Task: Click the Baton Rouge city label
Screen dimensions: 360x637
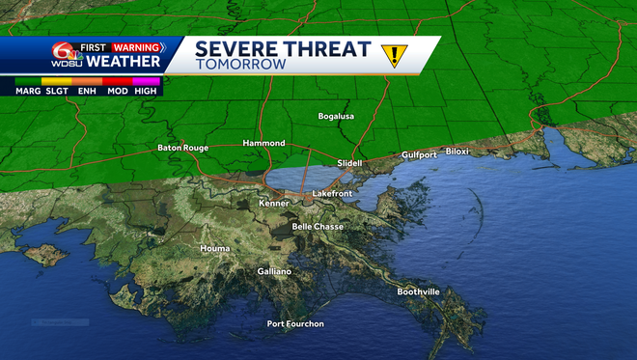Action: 182,148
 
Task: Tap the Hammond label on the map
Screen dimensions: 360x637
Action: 263,142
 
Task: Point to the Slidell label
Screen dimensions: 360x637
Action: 349,163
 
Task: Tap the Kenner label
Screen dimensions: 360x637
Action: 274,204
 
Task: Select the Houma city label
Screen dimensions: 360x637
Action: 215,248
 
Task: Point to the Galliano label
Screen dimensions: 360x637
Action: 274,271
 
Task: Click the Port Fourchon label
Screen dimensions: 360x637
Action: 295,323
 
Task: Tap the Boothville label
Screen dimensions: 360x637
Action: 418,291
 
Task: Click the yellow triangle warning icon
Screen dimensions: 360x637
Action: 394,55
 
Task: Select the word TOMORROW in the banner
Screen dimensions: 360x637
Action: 240,65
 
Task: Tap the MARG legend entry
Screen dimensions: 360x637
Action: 27,90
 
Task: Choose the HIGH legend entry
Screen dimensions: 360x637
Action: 146,90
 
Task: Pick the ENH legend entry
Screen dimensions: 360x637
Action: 87,90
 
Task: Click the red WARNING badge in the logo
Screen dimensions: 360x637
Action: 135,46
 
